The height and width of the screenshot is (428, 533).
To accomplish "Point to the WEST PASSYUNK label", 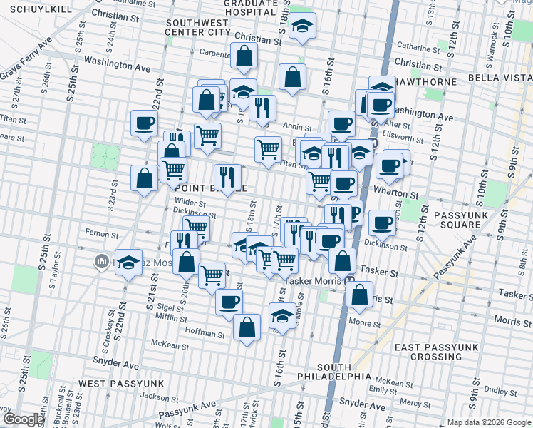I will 121,384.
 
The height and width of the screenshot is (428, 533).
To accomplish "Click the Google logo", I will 24,419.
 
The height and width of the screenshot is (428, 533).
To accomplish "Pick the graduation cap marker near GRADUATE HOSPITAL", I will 303,28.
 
